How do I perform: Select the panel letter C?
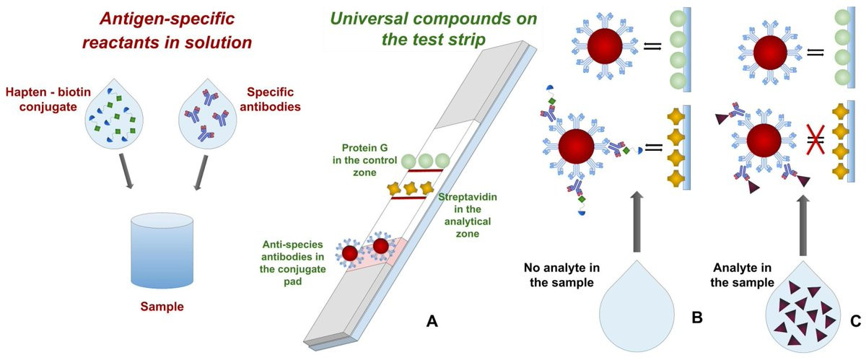854,321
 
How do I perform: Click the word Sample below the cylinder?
162,307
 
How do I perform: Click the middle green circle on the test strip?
424,161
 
